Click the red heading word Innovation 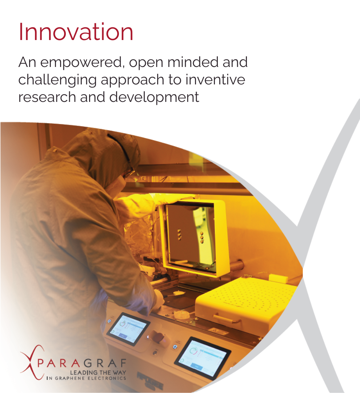(76, 32)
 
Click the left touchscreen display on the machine (128, 328)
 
